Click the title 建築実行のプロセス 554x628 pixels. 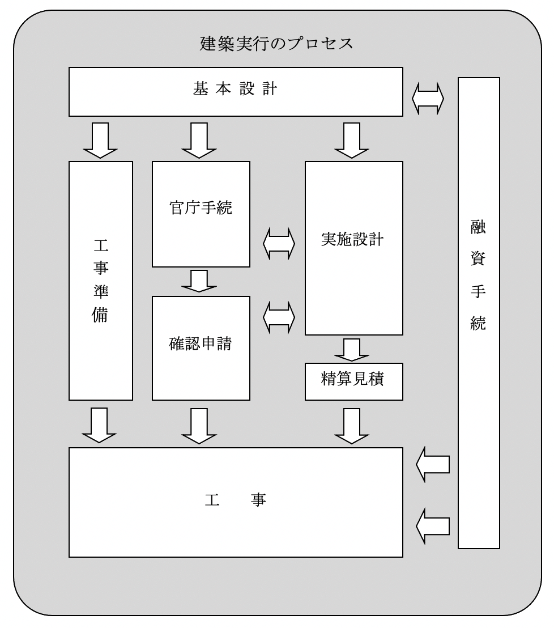pyautogui.click(x=276, y=44)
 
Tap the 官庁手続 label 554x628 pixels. pyautogui.click(x=201, y=210)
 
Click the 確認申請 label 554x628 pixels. pyautogui.click(x=201, y=344)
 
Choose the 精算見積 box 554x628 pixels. pyautogui.click(x=354, y=380)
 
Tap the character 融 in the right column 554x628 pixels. pyautogui.click(x=478, y=230)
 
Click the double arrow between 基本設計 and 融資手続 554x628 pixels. pyautogui.click(x=428, y=100)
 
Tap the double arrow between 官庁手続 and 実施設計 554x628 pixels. pyautogui.click(x=279, y=244)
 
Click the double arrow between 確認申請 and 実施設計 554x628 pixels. pyautogui.click(x=279, y=317)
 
